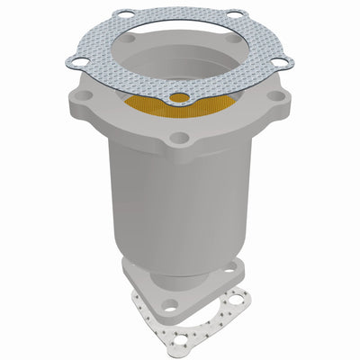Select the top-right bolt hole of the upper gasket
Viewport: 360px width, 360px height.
tap(236, 13)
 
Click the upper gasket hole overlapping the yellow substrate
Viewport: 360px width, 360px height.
tap(180, 97)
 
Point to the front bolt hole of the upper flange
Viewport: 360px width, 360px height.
tap(181, 138)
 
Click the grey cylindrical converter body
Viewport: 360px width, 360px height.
tap(171, 198)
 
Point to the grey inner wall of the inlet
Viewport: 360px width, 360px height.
tap(180, 54)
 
